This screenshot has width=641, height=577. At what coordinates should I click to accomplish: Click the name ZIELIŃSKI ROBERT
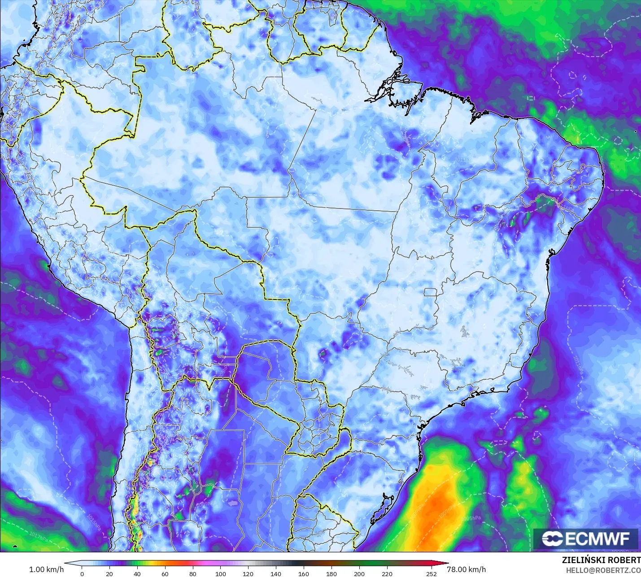point(601,560)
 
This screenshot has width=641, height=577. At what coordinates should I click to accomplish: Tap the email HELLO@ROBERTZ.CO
point(603,570)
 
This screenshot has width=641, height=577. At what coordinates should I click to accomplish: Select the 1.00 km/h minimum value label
point(46,569)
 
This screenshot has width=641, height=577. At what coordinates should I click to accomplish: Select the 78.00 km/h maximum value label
point(467,569)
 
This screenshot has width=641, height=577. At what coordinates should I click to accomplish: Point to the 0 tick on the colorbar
point(82,573)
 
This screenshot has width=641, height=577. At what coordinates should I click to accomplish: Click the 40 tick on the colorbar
point(137,573)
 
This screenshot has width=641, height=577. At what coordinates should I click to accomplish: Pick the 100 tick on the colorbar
point(220,573)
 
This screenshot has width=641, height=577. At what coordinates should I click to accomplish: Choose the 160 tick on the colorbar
point(304,573)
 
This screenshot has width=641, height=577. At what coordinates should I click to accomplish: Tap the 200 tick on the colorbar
point(359,573)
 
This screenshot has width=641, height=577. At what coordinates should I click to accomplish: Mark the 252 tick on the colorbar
point(431,573)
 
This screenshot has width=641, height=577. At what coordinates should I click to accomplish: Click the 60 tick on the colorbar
point(165,573)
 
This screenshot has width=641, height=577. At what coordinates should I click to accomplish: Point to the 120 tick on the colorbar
point(248,573)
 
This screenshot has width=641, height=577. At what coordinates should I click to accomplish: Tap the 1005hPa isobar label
point(471,518)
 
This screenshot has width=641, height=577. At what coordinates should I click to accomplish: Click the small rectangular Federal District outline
point(431,292)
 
